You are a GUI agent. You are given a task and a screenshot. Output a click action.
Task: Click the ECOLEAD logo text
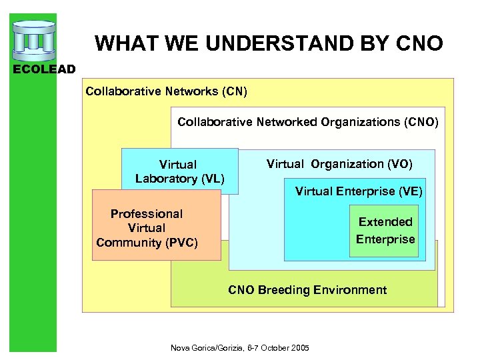click(38, 69)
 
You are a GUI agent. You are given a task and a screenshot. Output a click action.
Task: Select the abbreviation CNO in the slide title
click(418, 44)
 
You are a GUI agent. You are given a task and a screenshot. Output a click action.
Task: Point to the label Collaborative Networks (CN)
click(166, 91)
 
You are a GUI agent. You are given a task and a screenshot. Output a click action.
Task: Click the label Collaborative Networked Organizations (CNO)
click(308, 122)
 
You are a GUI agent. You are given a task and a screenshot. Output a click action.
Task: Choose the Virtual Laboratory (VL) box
click(179, 171)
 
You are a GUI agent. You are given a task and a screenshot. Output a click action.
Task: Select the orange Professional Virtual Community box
click(155, 227)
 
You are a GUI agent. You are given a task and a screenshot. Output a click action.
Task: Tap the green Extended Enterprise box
click(385, 231)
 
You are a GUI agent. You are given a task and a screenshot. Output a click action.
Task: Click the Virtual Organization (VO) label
click(339, 164)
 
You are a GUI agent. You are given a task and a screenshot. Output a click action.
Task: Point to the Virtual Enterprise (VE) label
click(359, 191)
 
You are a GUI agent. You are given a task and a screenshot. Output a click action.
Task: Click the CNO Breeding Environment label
click(307, 290)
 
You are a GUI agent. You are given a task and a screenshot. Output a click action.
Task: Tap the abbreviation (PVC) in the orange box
click(181, 243)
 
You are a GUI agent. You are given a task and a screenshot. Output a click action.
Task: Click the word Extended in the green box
click(385, 222)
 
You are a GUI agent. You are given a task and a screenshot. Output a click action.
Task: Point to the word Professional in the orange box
click(147, 214)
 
